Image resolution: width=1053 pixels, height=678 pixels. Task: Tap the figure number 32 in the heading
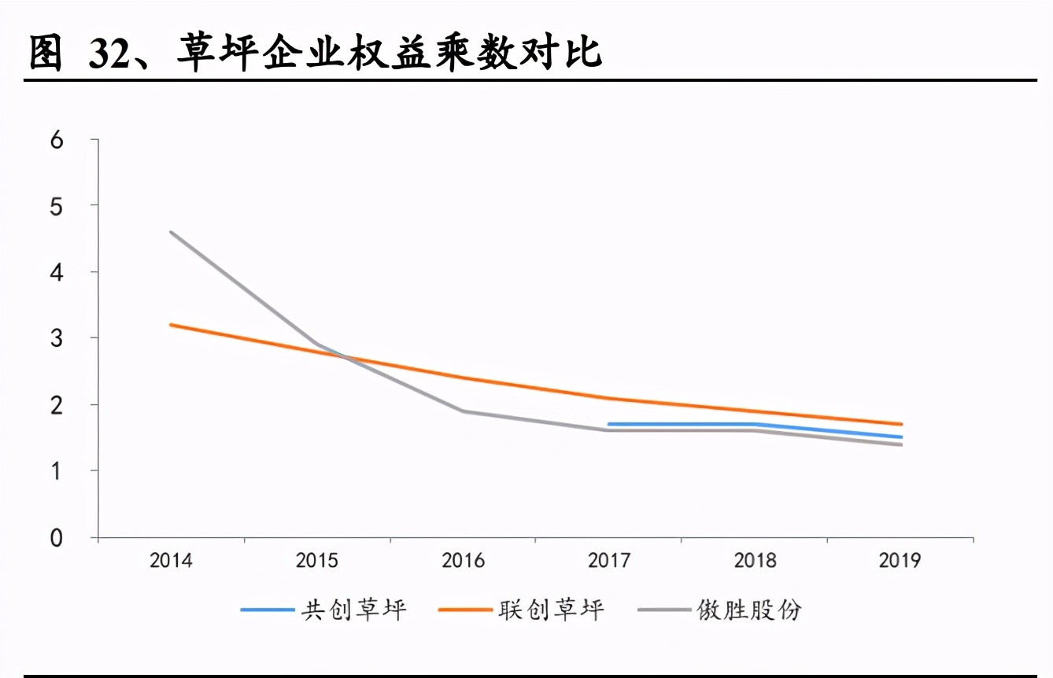point(109,53)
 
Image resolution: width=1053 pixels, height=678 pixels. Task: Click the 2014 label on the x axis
point(171,561)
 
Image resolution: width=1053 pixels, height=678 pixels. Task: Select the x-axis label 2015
point(317,561)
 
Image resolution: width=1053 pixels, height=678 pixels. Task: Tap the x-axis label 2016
point(463,561)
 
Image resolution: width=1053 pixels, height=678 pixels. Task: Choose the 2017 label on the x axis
point(609,561)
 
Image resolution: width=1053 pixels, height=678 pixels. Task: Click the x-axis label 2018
point(755,561)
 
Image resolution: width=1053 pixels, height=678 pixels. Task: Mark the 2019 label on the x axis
point(900,561)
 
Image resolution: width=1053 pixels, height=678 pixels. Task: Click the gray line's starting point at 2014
point(172,232)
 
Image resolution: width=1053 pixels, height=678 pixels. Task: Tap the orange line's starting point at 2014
point(172,324)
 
